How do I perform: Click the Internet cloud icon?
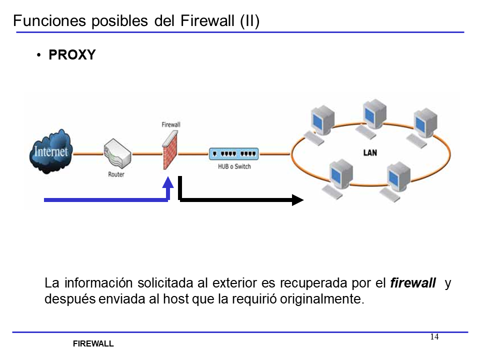pyautogui.click(x=49, y=151)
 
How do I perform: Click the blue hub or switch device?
pyautogui.click(x=233, y=153)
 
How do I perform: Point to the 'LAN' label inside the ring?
pyautogui.click(x=370, y=152)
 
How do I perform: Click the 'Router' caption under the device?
pyautogui.click(x=116, y=174)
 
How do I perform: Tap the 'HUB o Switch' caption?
pyautogui.click(x=234, y=166)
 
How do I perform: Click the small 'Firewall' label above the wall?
pyautogui.click(x=171, y=124)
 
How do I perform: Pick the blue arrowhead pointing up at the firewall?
pyautogui.click(x=168, y=182)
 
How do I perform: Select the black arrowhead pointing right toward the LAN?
pyautogui.click(x=297, y=200)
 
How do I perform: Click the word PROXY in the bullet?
pyautogui.click(x=72, y=55)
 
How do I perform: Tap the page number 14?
pyautogui.click(x=434, y=336)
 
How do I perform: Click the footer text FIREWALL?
pyautogui.click(x=93, y=344)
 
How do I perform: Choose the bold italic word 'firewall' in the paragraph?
pyautogui.click(x=412, y=283)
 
